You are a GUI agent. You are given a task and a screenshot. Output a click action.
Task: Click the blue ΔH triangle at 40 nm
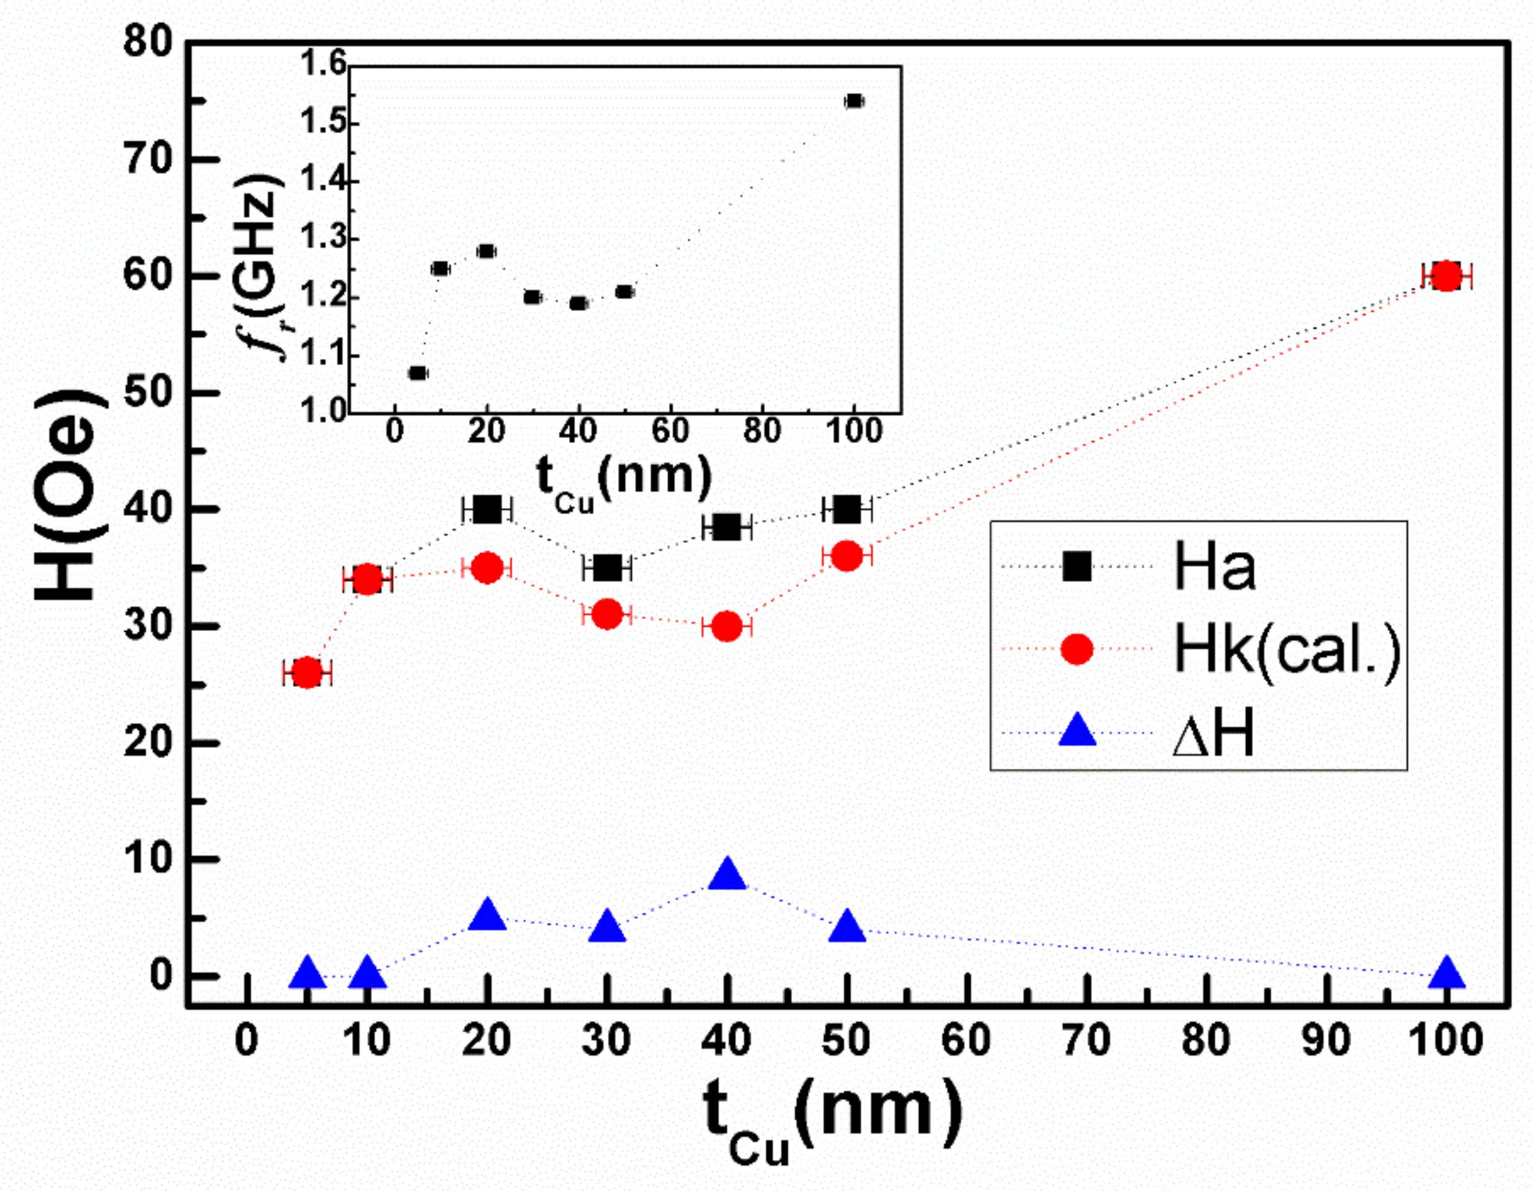click(727, 877)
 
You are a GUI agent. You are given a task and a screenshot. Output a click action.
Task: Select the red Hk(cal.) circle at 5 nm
click(307, 672)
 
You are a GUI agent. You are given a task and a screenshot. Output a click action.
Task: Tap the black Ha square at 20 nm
click(487, 510)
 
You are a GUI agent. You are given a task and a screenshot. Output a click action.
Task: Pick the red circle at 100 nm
click(1446, 276)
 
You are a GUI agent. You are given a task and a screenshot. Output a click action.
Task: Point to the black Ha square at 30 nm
click(607, 568)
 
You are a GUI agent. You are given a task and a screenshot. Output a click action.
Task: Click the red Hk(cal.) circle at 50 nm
click(847, 556)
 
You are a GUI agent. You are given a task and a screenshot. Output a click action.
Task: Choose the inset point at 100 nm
click(853, 101)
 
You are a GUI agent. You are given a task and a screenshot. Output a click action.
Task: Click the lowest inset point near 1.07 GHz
click(417, 373)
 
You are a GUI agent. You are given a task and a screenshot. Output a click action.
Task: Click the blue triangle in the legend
click(1076, 731)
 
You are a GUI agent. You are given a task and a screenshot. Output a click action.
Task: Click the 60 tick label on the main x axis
click(966, 1040)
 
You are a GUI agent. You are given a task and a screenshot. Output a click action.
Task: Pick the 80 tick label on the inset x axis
click(762, 431)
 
